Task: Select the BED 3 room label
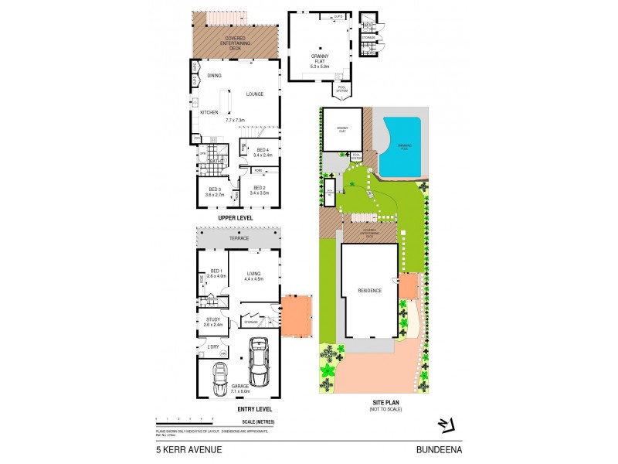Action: coord(216,189)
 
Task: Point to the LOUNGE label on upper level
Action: coord(255,94)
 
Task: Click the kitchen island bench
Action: coord(226,101)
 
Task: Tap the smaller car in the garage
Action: coord(219,379)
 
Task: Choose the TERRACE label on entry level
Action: coord(239,238)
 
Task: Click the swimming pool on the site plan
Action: coord(401,145)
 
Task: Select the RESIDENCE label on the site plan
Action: coord(369,291)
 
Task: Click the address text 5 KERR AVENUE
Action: coord(184,448)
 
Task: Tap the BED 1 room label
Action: coord(216,271)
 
